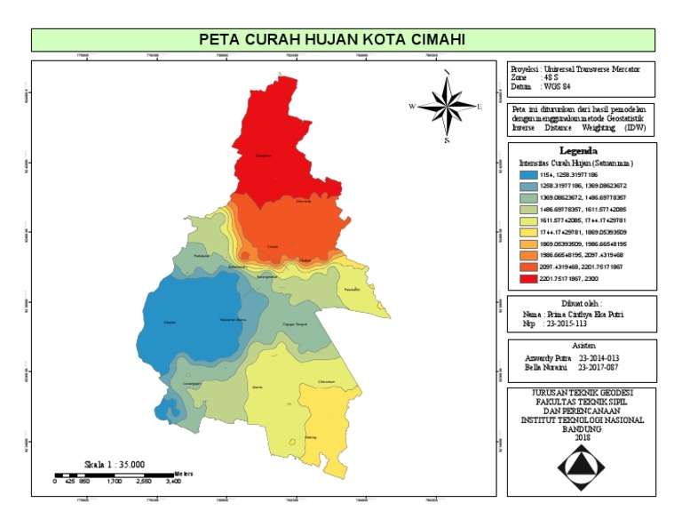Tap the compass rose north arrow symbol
click(x=448, y=106)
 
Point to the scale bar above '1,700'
click(x=115, y=475)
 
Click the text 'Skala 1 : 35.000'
click(x=115, y=463)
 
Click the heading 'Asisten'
click(x=582, y=345)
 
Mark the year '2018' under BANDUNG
click(x=582, y=437)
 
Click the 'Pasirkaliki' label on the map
click(x=352, y=290)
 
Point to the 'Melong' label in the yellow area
click(x=311, y=438)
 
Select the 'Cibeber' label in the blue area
click(x=170, y=323)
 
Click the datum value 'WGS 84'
click(x=556, y=86)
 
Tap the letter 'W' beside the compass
click(x=412, y=107)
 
